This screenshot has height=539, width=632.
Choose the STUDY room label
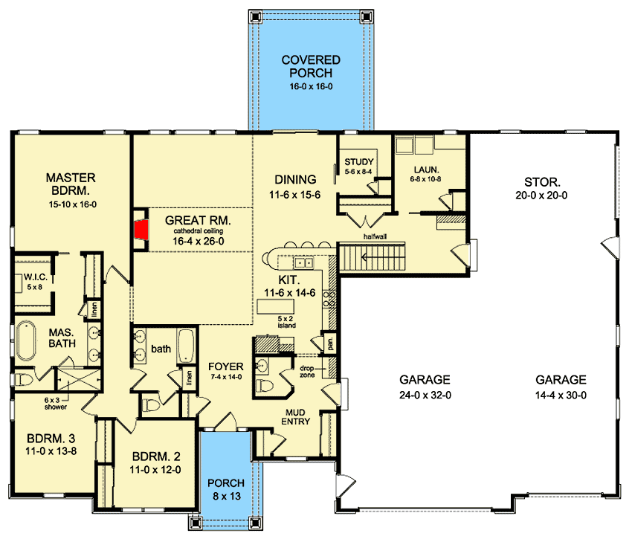click(x=359, y=166)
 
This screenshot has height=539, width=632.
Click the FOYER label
click(x=223, y=371)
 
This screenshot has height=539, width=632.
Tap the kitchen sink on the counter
click(x=303, y=262)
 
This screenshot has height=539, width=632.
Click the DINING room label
click(x=295, y=186)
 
